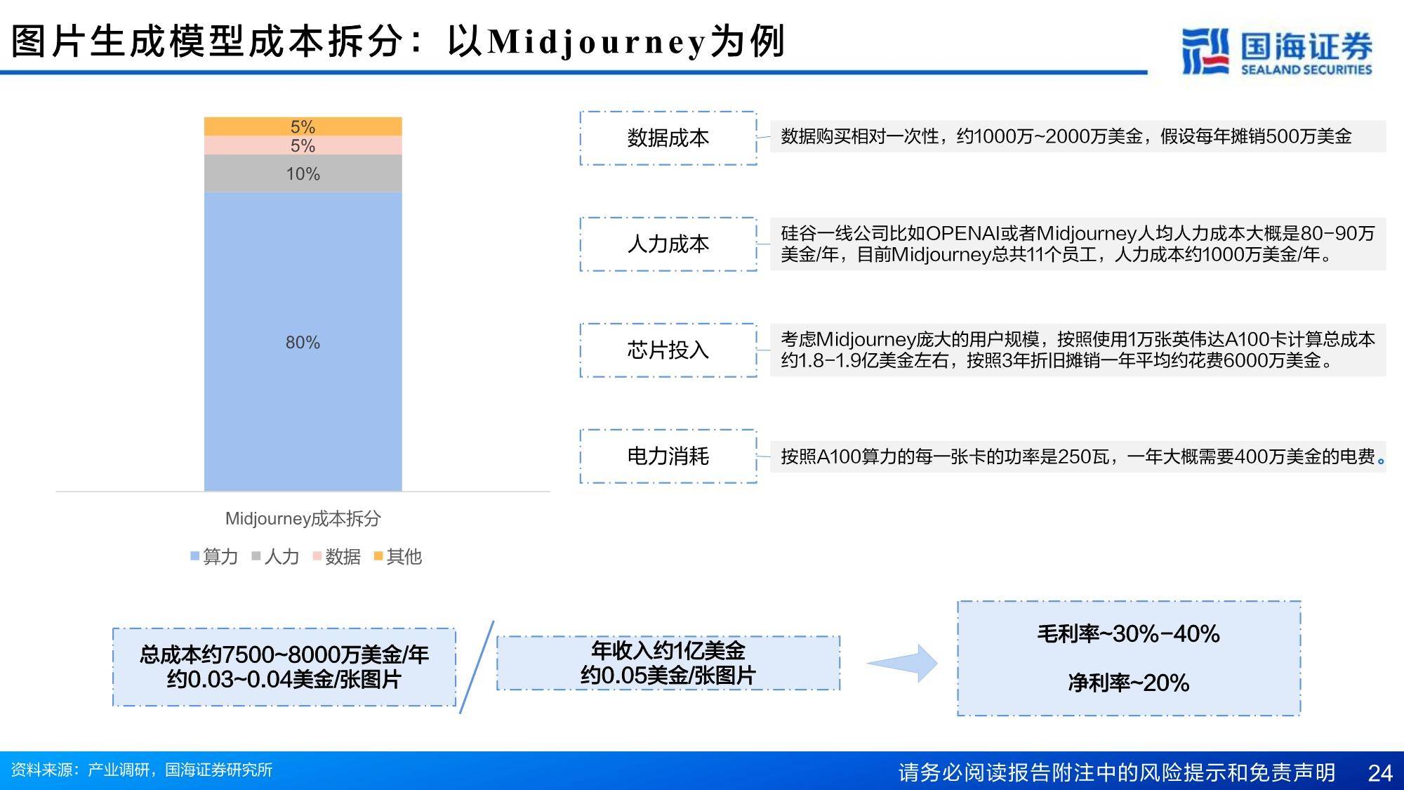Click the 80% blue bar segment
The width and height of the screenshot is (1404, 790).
pos(303,341)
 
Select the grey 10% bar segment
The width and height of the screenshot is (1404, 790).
pos(303,173)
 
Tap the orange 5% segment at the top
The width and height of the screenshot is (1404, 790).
pos(303,126)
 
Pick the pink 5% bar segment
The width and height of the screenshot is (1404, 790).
pos(303,145)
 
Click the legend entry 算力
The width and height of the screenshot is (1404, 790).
pos(214,557)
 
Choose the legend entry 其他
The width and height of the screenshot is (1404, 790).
pos(398,557)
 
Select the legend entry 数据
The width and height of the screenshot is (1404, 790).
pos(337,557)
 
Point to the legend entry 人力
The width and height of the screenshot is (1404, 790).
pos(276,557)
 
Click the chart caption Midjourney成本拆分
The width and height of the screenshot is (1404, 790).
pos(303,519)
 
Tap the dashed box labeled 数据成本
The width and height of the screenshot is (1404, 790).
pos(668,138)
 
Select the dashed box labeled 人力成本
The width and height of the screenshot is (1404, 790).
pos(668,244)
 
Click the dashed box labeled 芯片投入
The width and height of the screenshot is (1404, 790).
pos(668,350)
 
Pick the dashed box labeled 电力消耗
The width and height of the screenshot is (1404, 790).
pos(668,456)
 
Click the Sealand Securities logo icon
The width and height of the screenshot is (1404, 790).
pos(1205,51)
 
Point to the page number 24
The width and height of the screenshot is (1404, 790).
pos(1380,772)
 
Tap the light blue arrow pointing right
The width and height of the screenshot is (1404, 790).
pos(903,663)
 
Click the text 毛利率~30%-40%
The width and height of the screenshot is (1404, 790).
pos(1128,634)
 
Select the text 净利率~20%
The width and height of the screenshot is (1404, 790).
pos(1128,683)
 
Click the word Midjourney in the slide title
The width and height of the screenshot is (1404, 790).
pos(596,42)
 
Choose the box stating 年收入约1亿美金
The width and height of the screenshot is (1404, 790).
pos(668,663)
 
